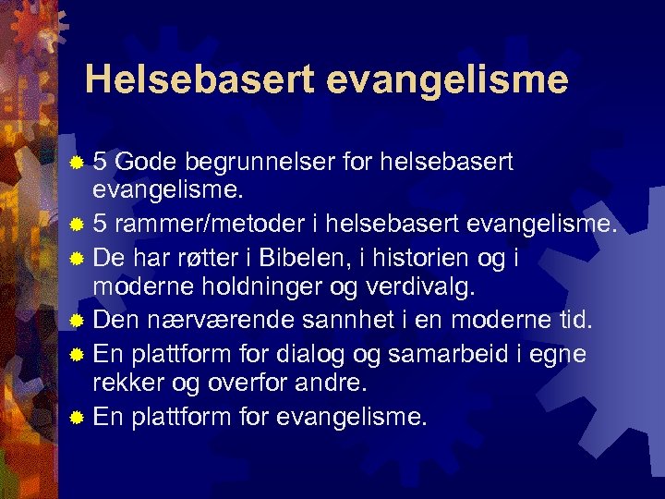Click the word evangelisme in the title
[448, 81]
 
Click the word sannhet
[341, 321]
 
